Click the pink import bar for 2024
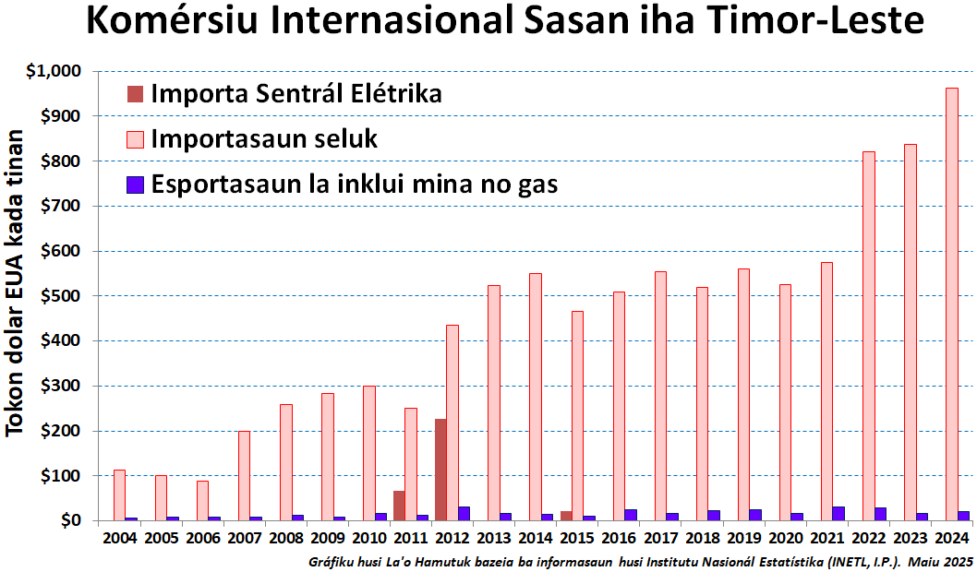[x=952, y=304]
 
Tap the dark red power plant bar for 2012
[x=441, y=470]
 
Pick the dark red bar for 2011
[x=399, y=506]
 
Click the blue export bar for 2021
[x=838, y=514]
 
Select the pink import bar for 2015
[x=577, y=416]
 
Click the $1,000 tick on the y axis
[x=54, y=71]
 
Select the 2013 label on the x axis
[x=494, y=538]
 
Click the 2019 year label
[x=744, y=538]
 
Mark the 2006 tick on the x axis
[x=202, y=538]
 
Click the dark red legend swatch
[x=135, y=93]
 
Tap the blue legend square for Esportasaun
[x=135, y=185]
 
